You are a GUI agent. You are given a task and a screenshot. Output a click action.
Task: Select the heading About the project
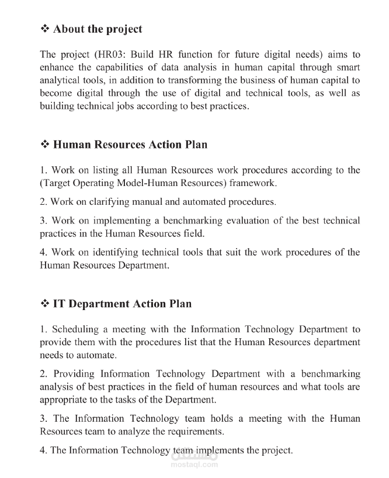coord(98,29)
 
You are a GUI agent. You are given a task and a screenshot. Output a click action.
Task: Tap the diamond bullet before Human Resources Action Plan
coord(45,145)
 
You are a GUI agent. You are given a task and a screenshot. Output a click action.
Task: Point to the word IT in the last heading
coord(59,304)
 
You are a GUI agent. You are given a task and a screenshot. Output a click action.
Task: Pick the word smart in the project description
coord(348,67)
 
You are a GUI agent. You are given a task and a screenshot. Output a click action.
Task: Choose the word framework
coord(252,183)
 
